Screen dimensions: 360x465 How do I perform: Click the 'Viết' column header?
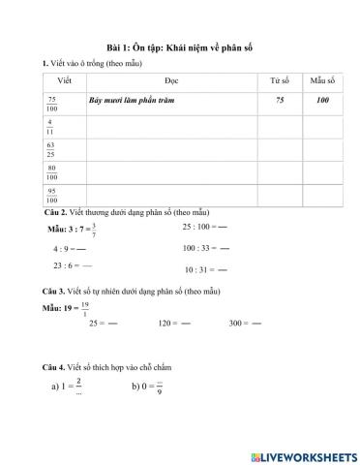[x=65, y=81]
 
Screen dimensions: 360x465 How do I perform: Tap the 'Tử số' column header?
[x=279, y=81]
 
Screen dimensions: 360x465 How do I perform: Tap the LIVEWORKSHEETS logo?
[x=303, y=454]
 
